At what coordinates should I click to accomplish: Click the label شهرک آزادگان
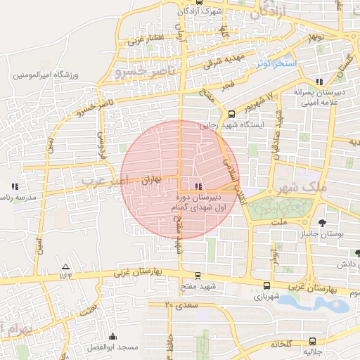point(200,12)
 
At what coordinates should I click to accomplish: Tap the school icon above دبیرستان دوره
point(198,186)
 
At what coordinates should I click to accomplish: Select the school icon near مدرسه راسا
point(14,187)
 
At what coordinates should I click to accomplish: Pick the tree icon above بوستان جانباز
point(322,223)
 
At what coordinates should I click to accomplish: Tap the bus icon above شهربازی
point(266,285)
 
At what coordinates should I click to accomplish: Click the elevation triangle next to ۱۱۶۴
point(65,266)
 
